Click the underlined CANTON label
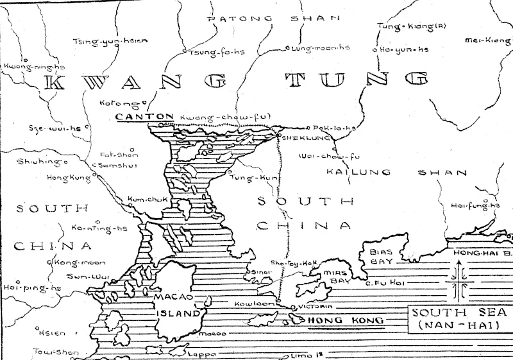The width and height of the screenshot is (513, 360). coord(144,117)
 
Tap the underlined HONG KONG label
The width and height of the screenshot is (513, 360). coord(346,320)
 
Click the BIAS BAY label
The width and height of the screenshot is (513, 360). coord(383,257)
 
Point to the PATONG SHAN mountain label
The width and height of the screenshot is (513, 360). coord(273,19)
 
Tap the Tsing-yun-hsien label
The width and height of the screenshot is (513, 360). coord(110,41)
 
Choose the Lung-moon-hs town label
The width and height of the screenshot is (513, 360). coord(321,48)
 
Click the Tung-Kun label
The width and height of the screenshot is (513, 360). coord(249,177)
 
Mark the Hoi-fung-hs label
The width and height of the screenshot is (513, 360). coord(475,205)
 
